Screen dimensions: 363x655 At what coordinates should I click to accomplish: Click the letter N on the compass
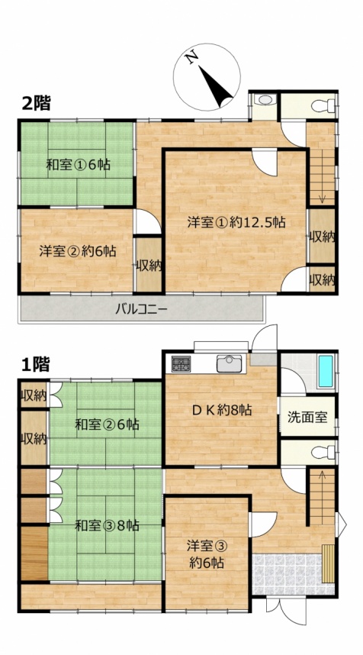(x=191, y=58)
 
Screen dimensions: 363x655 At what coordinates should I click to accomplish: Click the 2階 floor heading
(x=37, y=103)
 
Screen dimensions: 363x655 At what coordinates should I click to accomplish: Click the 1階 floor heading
(x=36, y=365)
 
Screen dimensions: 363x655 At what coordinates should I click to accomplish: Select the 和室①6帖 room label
(x=78, y=165)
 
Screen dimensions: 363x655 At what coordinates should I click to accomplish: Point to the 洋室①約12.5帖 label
(x=236, y=222)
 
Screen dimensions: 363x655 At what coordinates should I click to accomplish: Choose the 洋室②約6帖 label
(x=78, y=251)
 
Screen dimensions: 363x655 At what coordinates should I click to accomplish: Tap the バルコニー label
(x=141, y=309)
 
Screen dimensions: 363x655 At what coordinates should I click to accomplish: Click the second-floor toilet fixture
(x=323, y=105)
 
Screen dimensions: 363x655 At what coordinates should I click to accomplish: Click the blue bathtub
(x=326, y=371)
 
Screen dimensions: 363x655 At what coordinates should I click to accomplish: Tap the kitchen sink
(x=229, y=363)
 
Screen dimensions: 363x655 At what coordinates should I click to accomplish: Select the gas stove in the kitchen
(x=181, y=364)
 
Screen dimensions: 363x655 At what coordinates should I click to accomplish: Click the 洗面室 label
(x=307, y=418)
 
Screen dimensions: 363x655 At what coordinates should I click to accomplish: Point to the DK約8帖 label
(x=222, y=410)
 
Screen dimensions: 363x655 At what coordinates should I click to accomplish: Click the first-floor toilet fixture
(x=323, y=453)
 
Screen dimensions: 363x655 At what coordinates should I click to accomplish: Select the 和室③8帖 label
(x=107, y=525)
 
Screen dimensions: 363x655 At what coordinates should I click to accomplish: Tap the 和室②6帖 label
(x=107, y=425)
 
